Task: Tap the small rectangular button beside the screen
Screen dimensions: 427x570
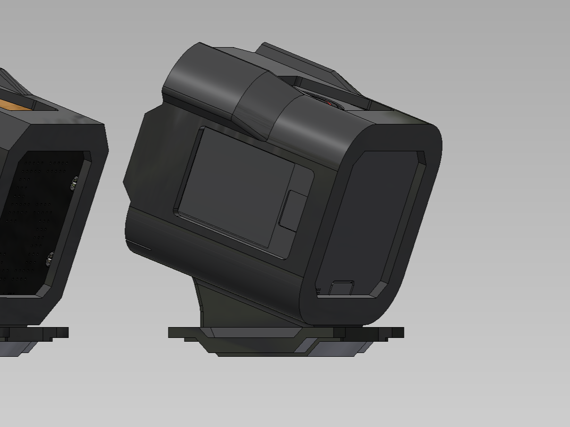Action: (293, 211)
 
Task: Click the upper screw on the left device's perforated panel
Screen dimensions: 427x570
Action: (74, 183)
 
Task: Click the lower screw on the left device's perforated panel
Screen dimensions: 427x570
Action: (50, 258)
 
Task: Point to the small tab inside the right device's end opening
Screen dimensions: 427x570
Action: (341, 287)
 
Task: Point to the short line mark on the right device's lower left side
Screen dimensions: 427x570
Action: (139, 246)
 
